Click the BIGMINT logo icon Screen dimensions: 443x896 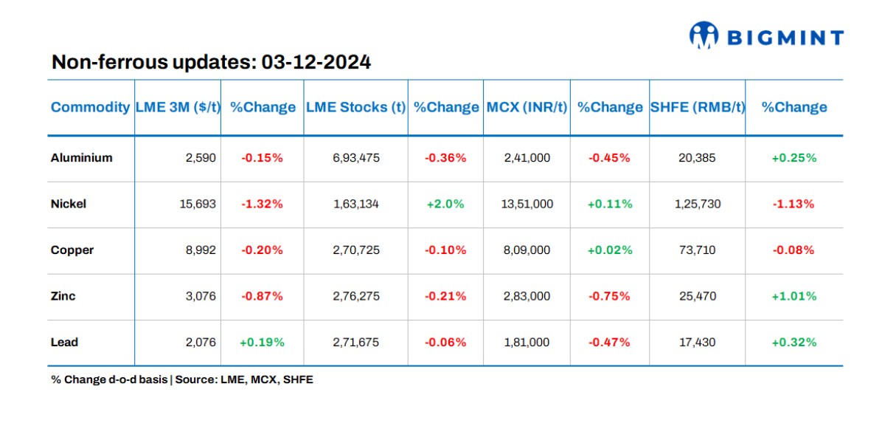tap(704, 35)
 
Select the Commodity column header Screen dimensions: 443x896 tap(90, 107)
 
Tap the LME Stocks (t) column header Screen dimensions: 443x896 tap(355, 107)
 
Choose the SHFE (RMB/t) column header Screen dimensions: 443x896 tap(697, 107)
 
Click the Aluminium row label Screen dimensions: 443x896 tap(82, 158)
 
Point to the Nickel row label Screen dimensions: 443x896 tap(69, 204)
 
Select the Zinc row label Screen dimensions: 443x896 tap(63, 296)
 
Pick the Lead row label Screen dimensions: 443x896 tap(64, 343)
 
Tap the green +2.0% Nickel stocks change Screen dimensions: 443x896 tap(445, 204)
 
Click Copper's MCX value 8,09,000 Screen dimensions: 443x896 tap(527, 250)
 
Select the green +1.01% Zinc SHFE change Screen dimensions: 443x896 tap(793, 296)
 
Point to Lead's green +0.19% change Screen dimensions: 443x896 tap(262, 343)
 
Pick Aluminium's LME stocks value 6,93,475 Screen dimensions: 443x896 tap(355, 158)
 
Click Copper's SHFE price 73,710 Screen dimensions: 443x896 tap(697, 250)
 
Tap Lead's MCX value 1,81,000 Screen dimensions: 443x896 tap(527, 343)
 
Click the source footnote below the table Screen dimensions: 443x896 tap(182, 380)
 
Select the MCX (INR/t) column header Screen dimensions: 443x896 tap(527, 107)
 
